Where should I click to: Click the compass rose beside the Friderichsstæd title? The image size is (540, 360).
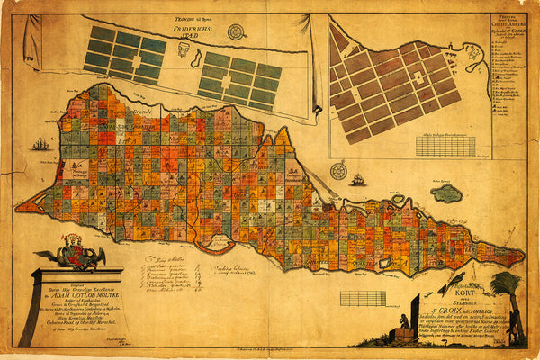coord(237,32)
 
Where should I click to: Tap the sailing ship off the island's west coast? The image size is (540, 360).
coord(40,144)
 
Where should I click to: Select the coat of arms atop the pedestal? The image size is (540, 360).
coord(79,253)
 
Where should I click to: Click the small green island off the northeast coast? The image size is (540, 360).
coord(447,193)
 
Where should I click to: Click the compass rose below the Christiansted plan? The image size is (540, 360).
coord(339,170)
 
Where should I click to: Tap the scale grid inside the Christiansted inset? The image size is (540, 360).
coord(445,145)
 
